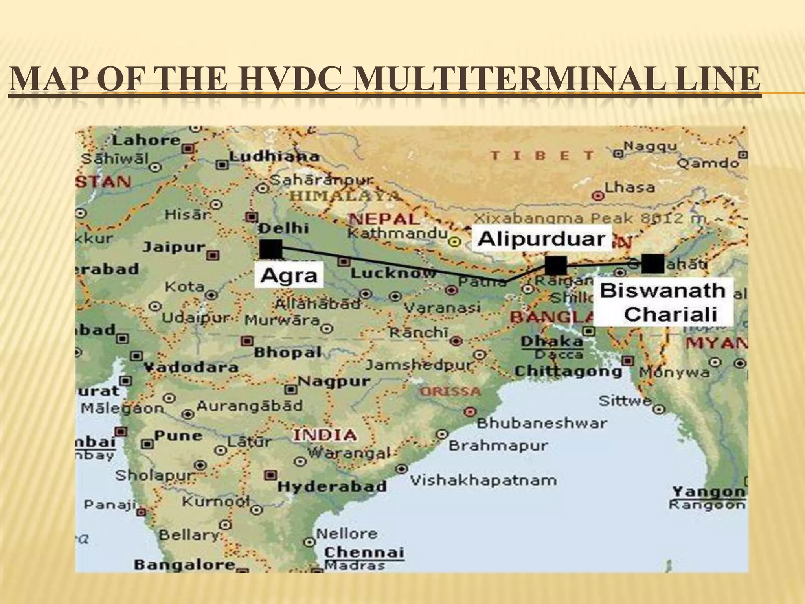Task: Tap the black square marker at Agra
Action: [x=271, y=249]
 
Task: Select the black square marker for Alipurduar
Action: [x=556, y=265]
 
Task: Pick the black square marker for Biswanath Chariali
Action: [x=653, y=263]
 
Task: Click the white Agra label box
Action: [x=289, y=275]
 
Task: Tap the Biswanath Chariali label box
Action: [x=663, y=302]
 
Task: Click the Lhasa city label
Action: [x=630, y=188]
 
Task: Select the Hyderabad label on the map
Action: [x=332, y=486]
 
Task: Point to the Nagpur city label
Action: [x=334, y=381]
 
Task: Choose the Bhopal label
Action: [x=288, y=352]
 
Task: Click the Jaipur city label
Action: [x=174, y=247]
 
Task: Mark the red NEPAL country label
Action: [x=384, y=219]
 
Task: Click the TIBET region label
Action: [x=542, y=156]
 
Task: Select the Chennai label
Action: [x=364, y=552]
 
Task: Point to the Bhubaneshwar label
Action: [x=542, y=424]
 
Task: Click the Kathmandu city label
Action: [x=397, y=234]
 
